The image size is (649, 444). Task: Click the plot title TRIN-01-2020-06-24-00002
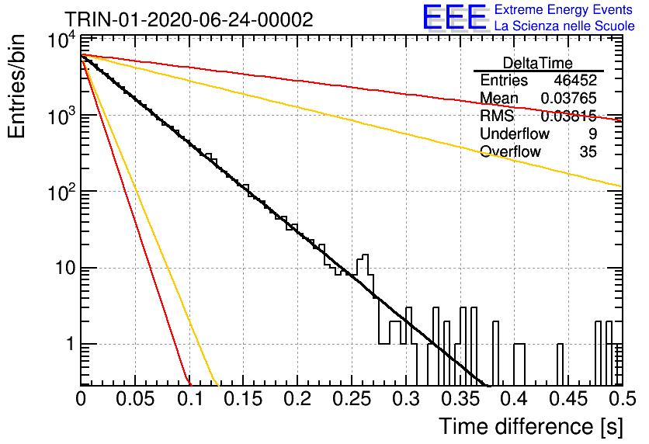[189, 19]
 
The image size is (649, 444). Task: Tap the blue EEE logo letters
[454, 17]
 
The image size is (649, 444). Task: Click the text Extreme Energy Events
[564, 9]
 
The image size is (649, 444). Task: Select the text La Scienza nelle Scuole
[564, 26]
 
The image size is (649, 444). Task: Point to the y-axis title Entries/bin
[16, 86]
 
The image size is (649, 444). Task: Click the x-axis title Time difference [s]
[531, 427]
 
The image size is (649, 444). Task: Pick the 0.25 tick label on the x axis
[352, 399]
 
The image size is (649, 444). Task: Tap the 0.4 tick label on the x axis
[514, 399]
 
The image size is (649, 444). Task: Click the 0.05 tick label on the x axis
[135, 399]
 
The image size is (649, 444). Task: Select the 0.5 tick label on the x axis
[622, 399]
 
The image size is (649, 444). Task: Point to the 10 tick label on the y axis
[66, 268]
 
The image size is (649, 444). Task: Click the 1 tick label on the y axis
[71, 344]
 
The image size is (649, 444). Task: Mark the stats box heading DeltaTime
[538, 63]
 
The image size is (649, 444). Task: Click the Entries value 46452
[575, 80]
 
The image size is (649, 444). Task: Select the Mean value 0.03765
[569, 98]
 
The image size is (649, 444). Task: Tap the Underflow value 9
[592, 134]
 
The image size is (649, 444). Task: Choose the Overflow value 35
[588, 151]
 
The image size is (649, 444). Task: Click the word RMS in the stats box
[497, 116]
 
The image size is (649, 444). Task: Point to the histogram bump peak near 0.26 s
[365, 255]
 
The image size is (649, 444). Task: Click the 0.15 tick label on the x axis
[244, 399]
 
